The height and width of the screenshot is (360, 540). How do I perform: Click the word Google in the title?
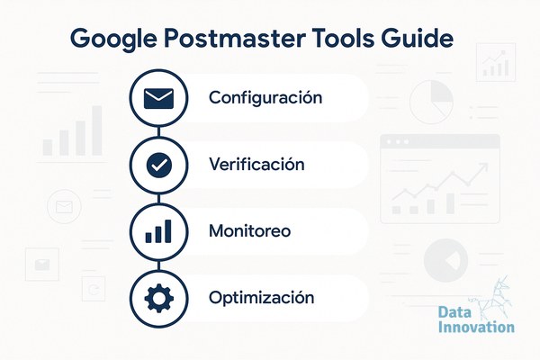[113, 39]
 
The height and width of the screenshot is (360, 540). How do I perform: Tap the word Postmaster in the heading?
[235, 38]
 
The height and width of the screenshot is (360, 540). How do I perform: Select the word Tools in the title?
[343, 38]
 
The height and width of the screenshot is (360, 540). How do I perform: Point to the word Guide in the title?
[417, 38]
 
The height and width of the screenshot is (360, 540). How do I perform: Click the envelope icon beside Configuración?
[158, 98]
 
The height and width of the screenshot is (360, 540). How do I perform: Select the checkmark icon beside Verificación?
[159, 166]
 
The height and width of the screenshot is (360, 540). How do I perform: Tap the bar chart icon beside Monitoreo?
[158, 231]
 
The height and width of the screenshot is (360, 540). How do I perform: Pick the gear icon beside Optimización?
[158, 298]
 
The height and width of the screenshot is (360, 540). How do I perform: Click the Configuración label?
[265, 98]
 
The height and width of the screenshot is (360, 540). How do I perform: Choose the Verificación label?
[256, 164]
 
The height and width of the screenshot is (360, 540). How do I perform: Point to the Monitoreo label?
[249, 230]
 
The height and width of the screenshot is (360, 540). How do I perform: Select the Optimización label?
[261, 298]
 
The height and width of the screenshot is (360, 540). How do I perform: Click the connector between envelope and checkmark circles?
[158, 132]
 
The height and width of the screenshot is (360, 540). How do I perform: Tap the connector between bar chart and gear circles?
[158, 265]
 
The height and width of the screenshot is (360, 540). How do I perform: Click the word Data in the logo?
[454, 312]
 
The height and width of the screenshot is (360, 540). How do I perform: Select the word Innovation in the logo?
[476, 327]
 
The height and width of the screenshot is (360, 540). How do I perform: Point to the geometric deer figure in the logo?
[491, 297]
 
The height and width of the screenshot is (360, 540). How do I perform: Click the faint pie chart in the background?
[431, 102]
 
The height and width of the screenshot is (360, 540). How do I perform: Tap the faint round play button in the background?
[445, 260]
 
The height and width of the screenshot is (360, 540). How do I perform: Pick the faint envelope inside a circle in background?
[64, 207]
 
